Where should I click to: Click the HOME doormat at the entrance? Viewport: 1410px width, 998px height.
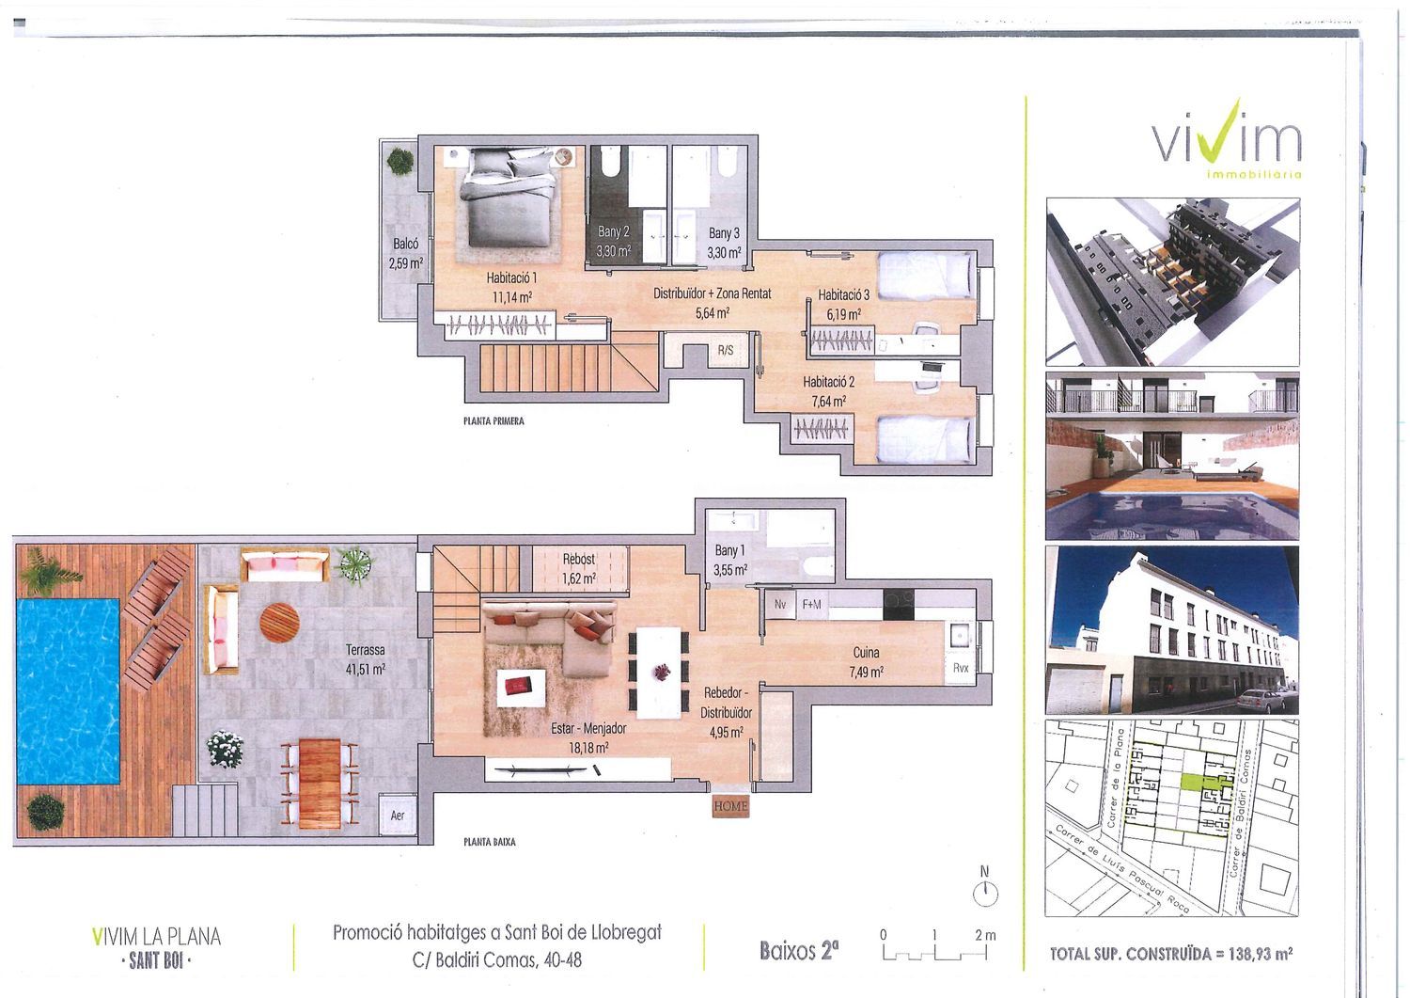tap(730, 806)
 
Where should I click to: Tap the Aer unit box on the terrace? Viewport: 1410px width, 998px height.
tap(398, 816)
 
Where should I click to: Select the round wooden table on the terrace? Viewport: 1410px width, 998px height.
tap(279, 623)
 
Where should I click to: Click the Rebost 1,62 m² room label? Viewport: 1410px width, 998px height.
tap(578, 568)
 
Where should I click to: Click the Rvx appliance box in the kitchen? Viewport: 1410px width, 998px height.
tap(961, 668)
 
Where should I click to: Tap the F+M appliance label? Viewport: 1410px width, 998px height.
tap(811, 604)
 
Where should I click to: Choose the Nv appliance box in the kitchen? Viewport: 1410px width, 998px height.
tap(780, 604)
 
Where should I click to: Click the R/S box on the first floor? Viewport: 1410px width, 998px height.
tap(725, 350)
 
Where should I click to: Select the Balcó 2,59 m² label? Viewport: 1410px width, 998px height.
tap(405, 253)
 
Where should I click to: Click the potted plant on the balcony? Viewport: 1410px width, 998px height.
tap(400, 161)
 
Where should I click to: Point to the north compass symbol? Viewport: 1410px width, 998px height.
tap(985, 888)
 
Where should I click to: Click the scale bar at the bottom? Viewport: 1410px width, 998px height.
tap(934, 953)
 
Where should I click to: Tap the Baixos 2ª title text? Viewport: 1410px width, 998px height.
tap(799, 950)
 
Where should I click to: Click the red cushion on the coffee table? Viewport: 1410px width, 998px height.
tap(520, 684)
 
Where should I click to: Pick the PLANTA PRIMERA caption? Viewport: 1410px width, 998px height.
tap(494, 420)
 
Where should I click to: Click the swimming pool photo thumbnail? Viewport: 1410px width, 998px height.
tap(1172, 455)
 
